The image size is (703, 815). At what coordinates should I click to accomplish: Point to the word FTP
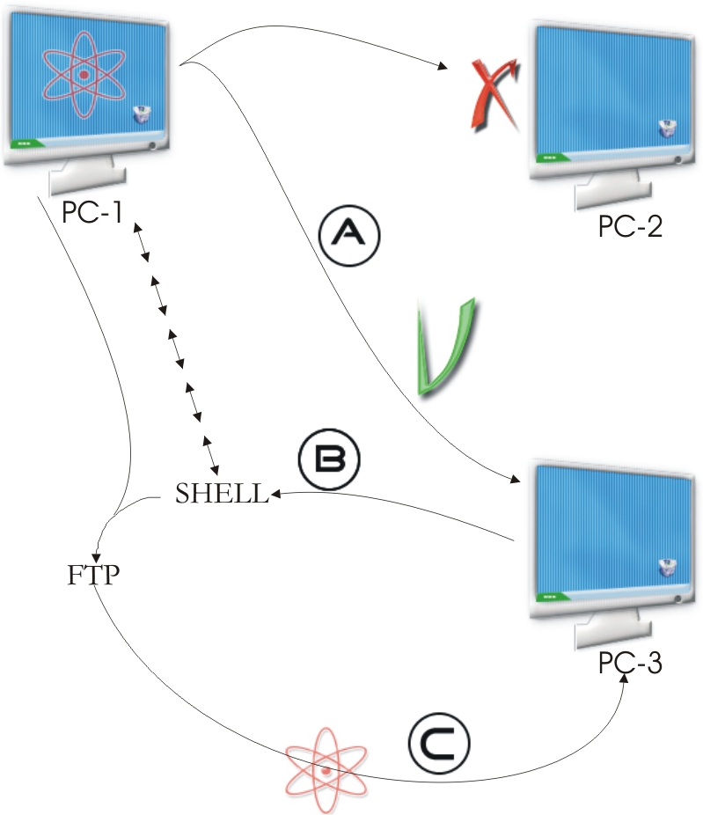click(x=93, y=576)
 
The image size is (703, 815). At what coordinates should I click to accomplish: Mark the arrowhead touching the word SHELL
click(x=275, y=495)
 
